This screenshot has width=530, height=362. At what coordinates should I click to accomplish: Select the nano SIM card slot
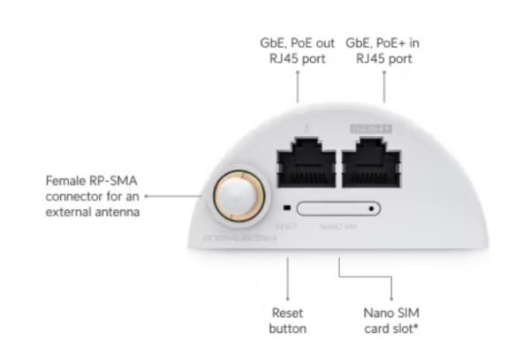[340, 209]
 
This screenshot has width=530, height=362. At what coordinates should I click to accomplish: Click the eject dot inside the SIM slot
[371, 209]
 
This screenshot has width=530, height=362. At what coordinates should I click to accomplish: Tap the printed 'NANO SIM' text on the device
[337, 226]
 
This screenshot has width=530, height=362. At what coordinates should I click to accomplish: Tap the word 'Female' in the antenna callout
[66, 179]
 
